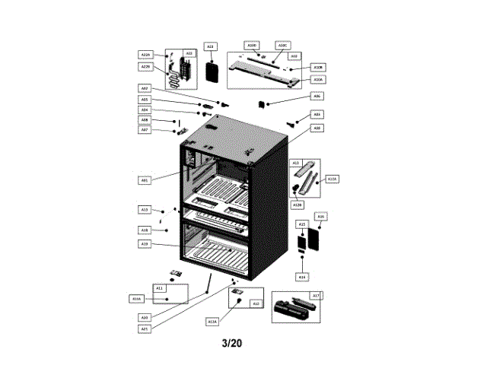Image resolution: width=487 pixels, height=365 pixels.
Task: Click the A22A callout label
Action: tap(146, 55)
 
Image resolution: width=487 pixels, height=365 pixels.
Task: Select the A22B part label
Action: tap(146, 67)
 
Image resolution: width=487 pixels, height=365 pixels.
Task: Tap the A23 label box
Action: tap(210, 46)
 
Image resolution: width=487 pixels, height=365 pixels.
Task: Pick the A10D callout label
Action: tap(252, 45)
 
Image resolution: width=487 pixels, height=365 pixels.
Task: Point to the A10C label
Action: tap(282, 45)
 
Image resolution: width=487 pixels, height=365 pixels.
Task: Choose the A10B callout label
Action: tap(319, 67)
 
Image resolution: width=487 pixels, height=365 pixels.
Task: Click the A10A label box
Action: tap(319, 79)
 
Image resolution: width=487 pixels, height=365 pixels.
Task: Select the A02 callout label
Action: tap(145, 87)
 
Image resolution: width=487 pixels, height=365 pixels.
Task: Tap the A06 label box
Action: tap(317, 97)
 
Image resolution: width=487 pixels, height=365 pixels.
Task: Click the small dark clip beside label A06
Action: tap(263, 103)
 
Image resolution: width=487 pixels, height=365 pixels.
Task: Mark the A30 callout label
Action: tap(317, 129)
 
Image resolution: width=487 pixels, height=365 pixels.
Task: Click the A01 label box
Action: tap(145, 180)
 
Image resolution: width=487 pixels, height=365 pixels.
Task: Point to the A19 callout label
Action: tap(145, 243)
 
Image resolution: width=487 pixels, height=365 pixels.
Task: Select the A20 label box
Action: tap(145, 316)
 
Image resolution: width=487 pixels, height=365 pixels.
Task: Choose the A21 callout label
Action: tap(145, 328)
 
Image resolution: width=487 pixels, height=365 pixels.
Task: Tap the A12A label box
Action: tap(212, 322)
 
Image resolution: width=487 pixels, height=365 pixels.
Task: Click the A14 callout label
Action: tap(302, 278)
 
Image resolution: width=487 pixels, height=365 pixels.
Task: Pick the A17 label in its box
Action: tap(316, 295)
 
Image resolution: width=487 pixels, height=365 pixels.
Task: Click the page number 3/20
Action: tap(232, 344)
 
